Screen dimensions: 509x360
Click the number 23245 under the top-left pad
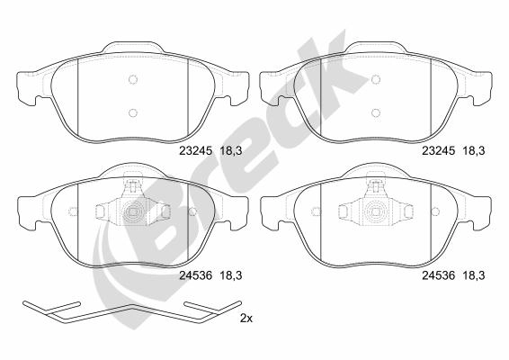[196, 151]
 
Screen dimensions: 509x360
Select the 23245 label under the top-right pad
[438, 151]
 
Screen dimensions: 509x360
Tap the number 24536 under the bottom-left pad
[196, 275]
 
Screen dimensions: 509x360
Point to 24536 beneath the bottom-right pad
[438, 275]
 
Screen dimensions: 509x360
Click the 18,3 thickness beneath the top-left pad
[231, 151]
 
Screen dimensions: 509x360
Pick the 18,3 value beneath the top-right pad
[474, 151]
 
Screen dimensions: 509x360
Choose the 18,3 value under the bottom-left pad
[231, 275]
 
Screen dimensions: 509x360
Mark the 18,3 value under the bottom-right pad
[474, 275]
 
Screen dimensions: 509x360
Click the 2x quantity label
[246, 319]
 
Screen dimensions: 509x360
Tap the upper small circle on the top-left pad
[133, 79]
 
